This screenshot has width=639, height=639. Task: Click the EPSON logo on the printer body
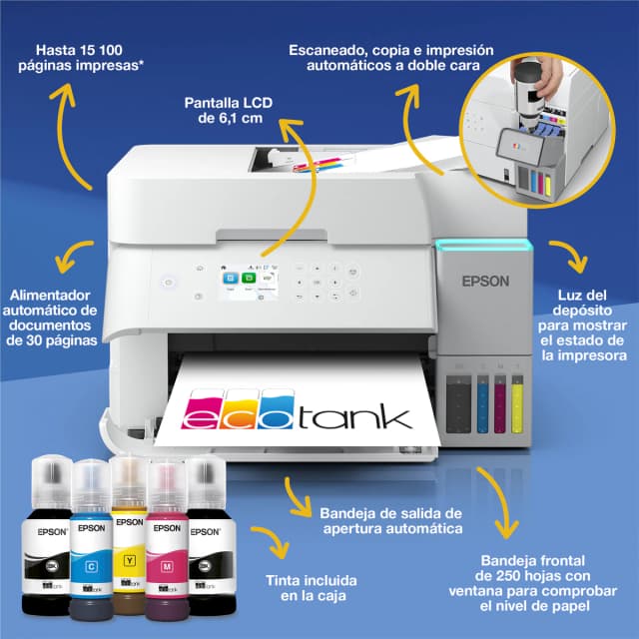click(x=484, y=281)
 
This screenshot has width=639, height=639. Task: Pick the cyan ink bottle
click(x=92, y=539)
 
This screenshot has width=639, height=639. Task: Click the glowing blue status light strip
click(x=482, y=244)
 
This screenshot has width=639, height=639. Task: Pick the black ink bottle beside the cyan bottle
click(x=45, y=539)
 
